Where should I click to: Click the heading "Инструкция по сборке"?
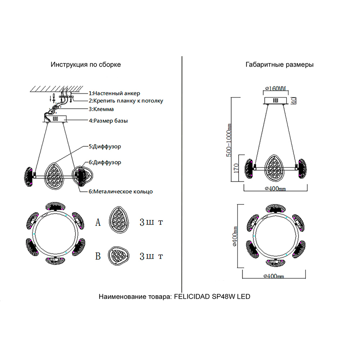pos(86,65)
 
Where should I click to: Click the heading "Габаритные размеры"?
pos(279,65)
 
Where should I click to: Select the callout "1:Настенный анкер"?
pos(114,93)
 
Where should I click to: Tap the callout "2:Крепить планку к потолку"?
pos(126,101)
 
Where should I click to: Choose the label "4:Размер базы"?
pos(108,121)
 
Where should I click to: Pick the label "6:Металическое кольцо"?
pos(121,192)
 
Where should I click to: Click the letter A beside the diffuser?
pos(98,222)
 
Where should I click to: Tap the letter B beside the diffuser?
pos(98,256)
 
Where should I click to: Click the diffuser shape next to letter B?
pos(120,256)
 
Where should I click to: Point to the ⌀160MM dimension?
pos(275,89)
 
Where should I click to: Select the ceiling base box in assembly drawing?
pos(56,119)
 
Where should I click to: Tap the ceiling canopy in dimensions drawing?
pos(276,100)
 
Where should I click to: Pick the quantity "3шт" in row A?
pos(151,222)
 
